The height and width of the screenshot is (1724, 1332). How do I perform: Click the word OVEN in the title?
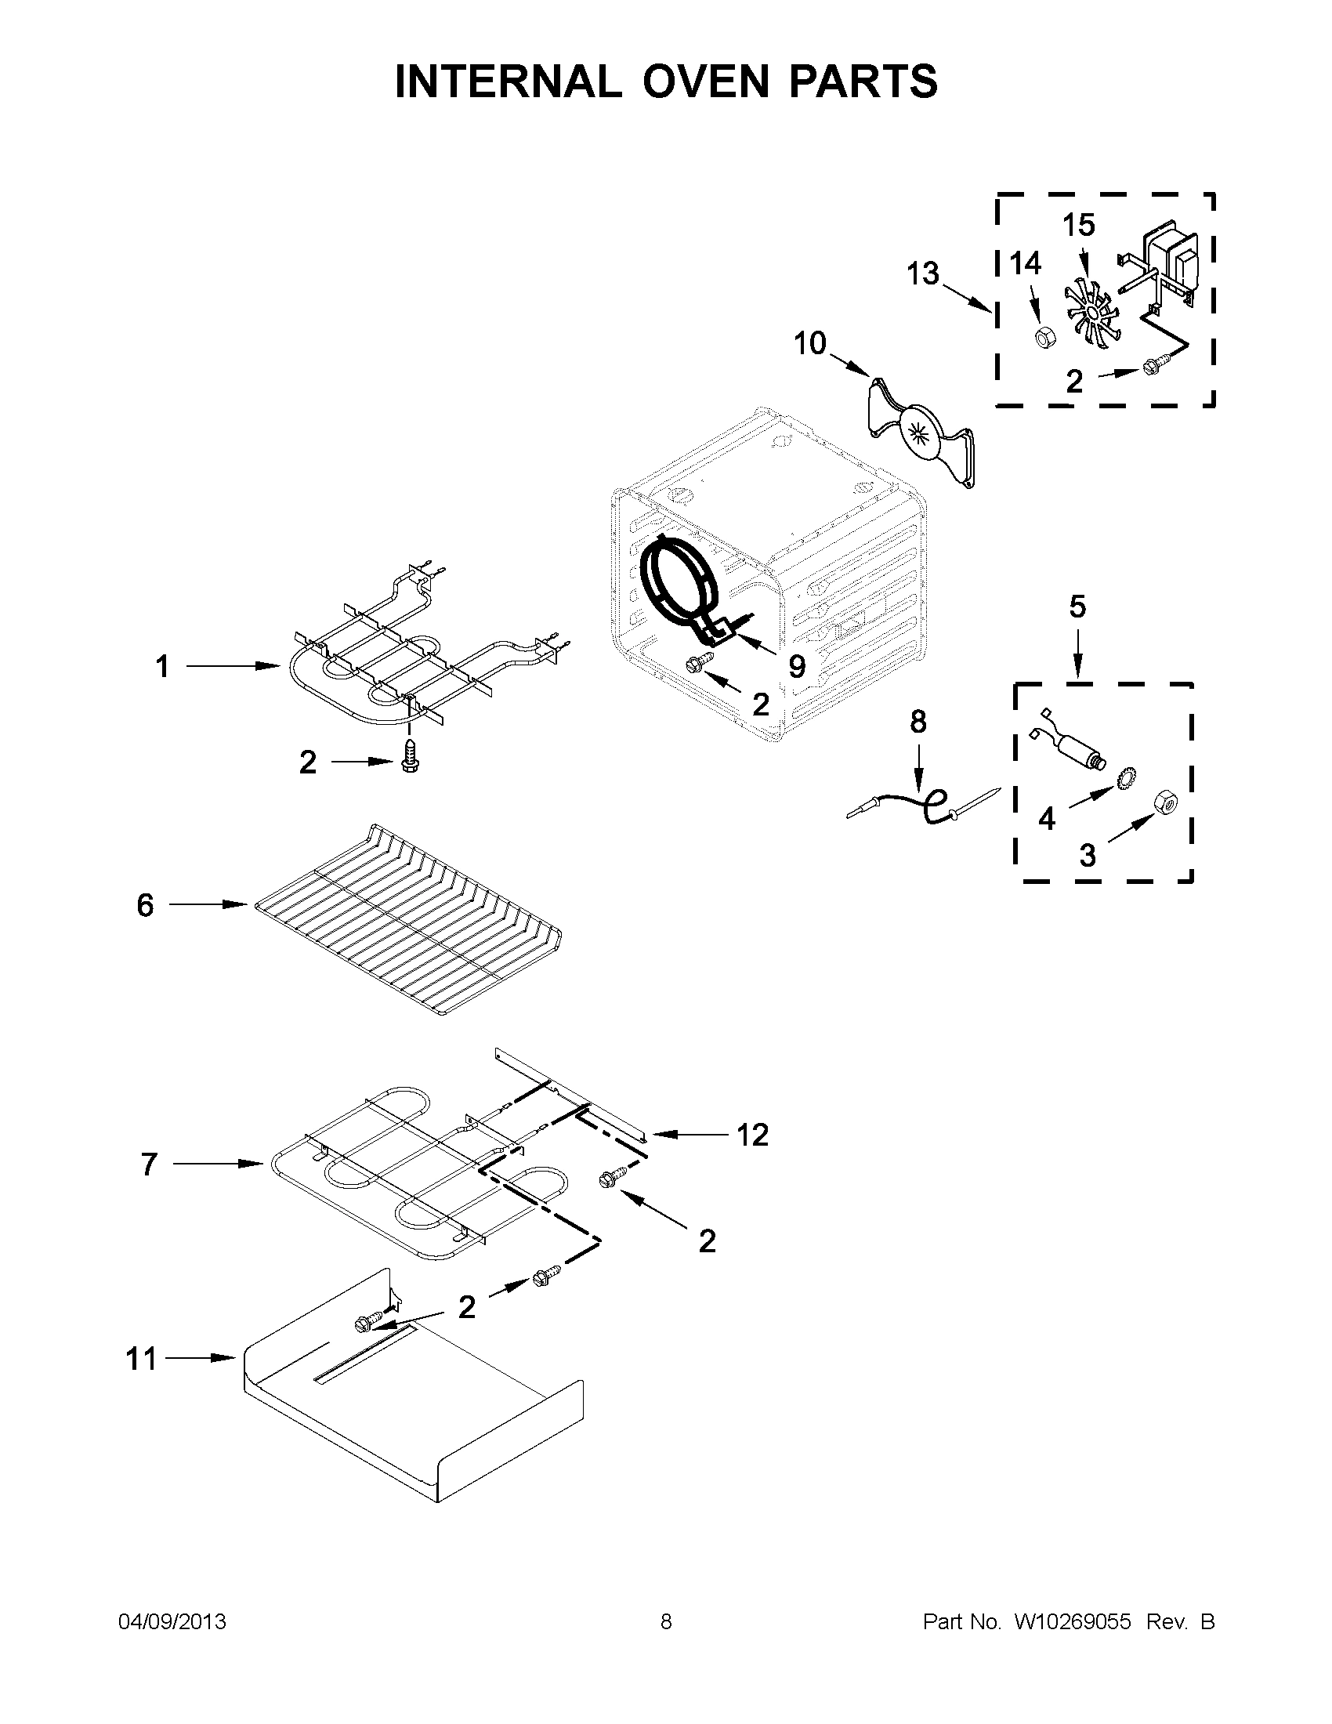tap(704, 81)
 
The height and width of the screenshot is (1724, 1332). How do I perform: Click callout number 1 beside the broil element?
tap(161, 667)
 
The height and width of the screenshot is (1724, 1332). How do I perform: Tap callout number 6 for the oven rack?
tap(145, 904)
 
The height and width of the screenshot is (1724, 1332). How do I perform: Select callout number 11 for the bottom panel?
tap(141, 1359)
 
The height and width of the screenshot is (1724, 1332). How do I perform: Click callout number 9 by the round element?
tap(797, 667)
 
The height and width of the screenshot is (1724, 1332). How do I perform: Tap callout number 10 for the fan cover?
tap(809, 343)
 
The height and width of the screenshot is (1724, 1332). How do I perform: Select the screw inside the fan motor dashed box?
tap(1153, 366)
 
